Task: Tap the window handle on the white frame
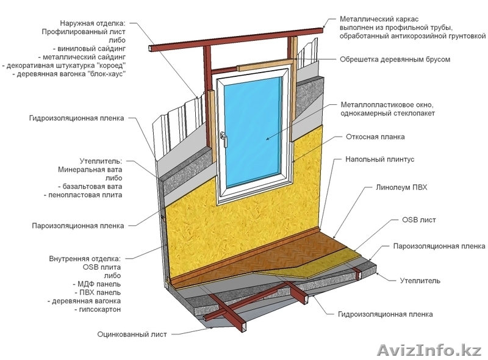224,139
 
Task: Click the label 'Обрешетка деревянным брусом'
395,60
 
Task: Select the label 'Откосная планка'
375,137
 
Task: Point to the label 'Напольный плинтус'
379,159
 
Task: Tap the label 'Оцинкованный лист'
132,334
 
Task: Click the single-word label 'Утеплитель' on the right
420,281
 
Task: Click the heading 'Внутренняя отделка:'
85,259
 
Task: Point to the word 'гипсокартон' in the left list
100,309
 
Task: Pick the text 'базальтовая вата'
91,186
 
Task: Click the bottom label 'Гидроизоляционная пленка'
386,314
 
